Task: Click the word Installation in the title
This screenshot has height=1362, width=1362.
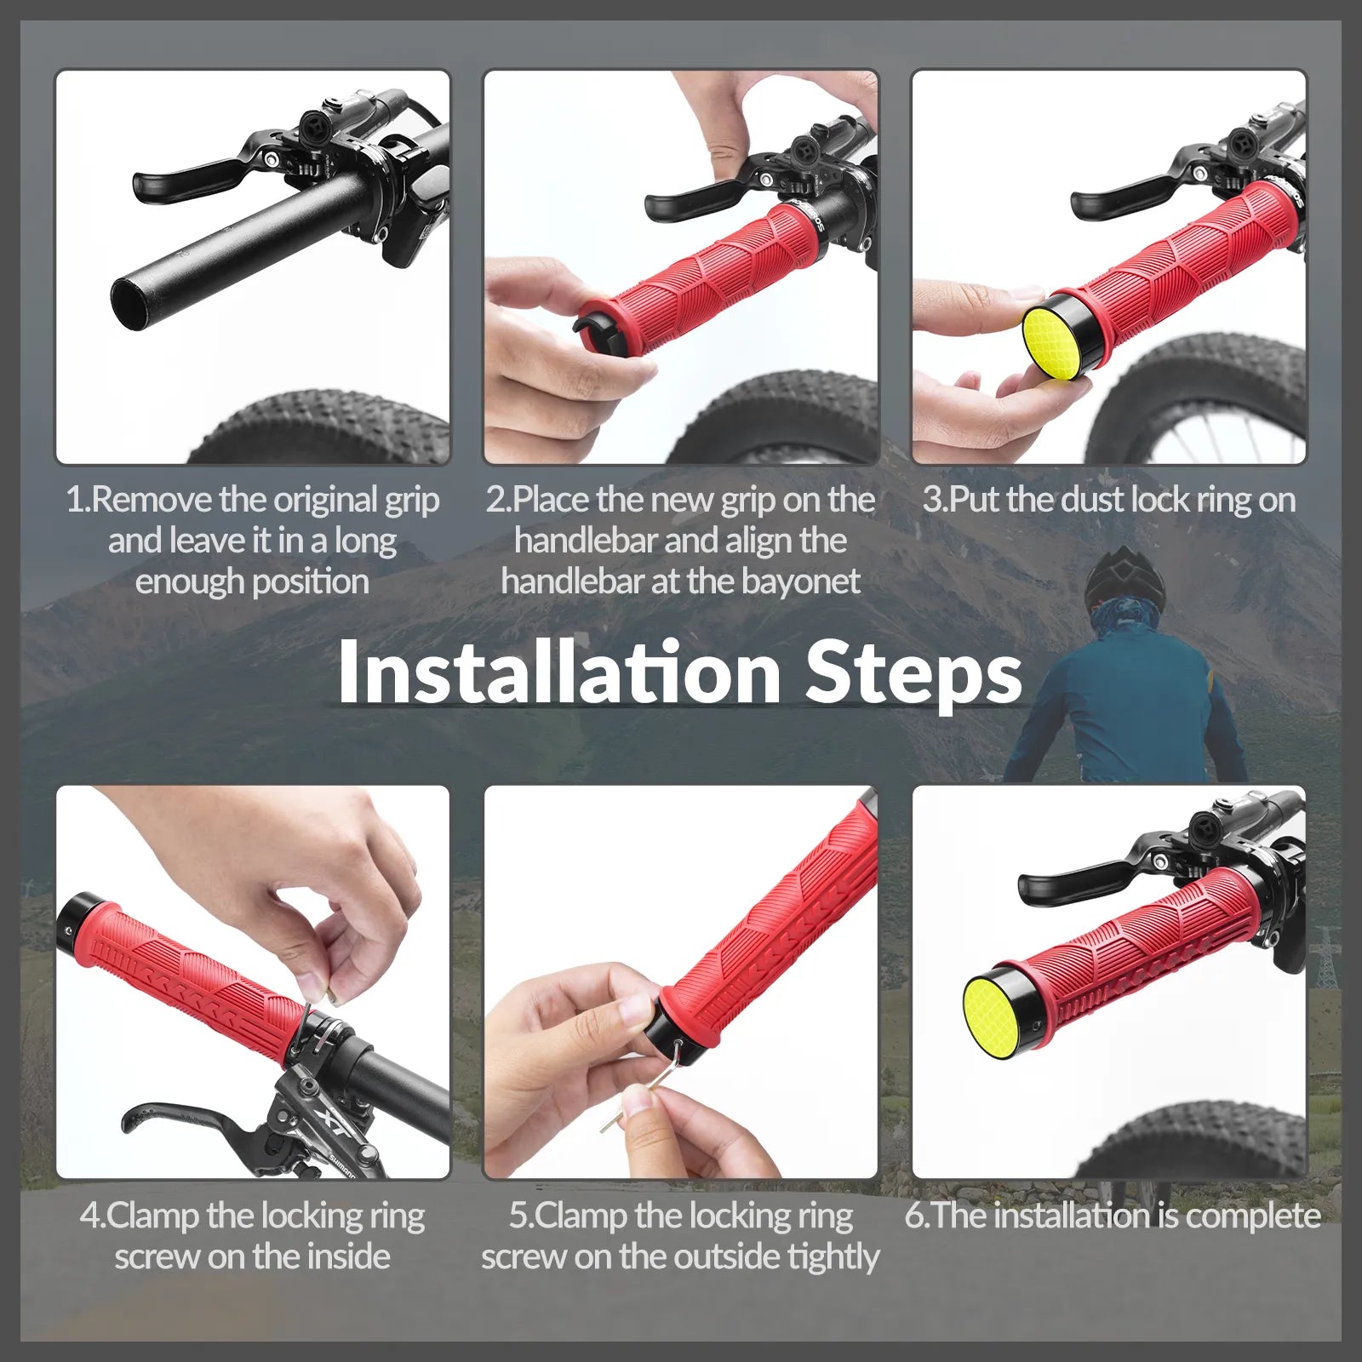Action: click(558, 672)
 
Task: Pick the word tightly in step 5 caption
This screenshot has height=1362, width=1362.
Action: click(833, 1257)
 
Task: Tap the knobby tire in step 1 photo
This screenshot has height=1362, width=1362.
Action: click(323, 426)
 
